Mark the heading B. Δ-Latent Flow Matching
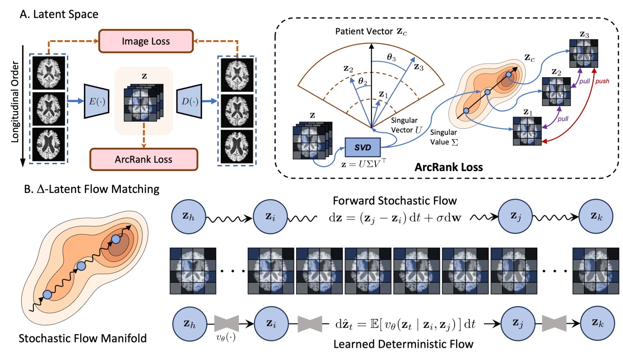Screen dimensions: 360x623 89,189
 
